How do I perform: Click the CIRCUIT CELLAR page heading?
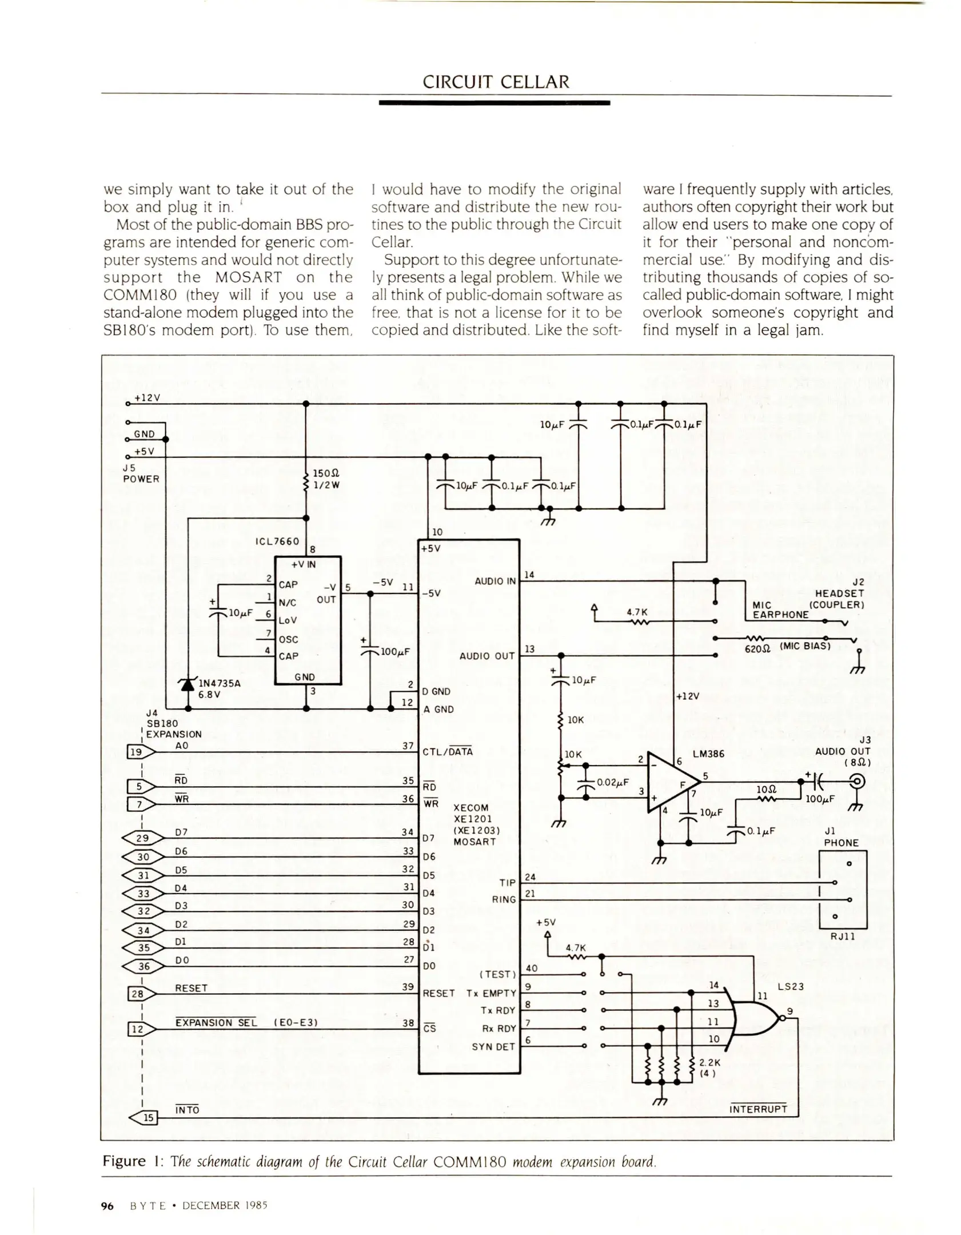point(495,82)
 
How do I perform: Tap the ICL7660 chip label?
point(277,541)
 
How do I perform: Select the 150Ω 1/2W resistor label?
point(326,480)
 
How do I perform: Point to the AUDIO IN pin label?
point(495,581)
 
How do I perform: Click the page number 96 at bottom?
point(107,1206)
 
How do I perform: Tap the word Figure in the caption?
point(124,1161)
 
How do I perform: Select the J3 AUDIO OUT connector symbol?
point(858,781)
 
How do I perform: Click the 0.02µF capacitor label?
point(612,782)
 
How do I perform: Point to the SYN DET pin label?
point(493,1047)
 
